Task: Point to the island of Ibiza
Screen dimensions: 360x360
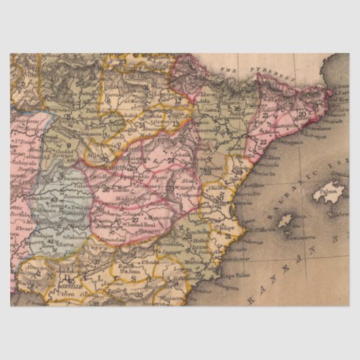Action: coord(286,221)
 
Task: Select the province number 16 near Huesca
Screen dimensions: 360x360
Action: coord(237,109)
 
